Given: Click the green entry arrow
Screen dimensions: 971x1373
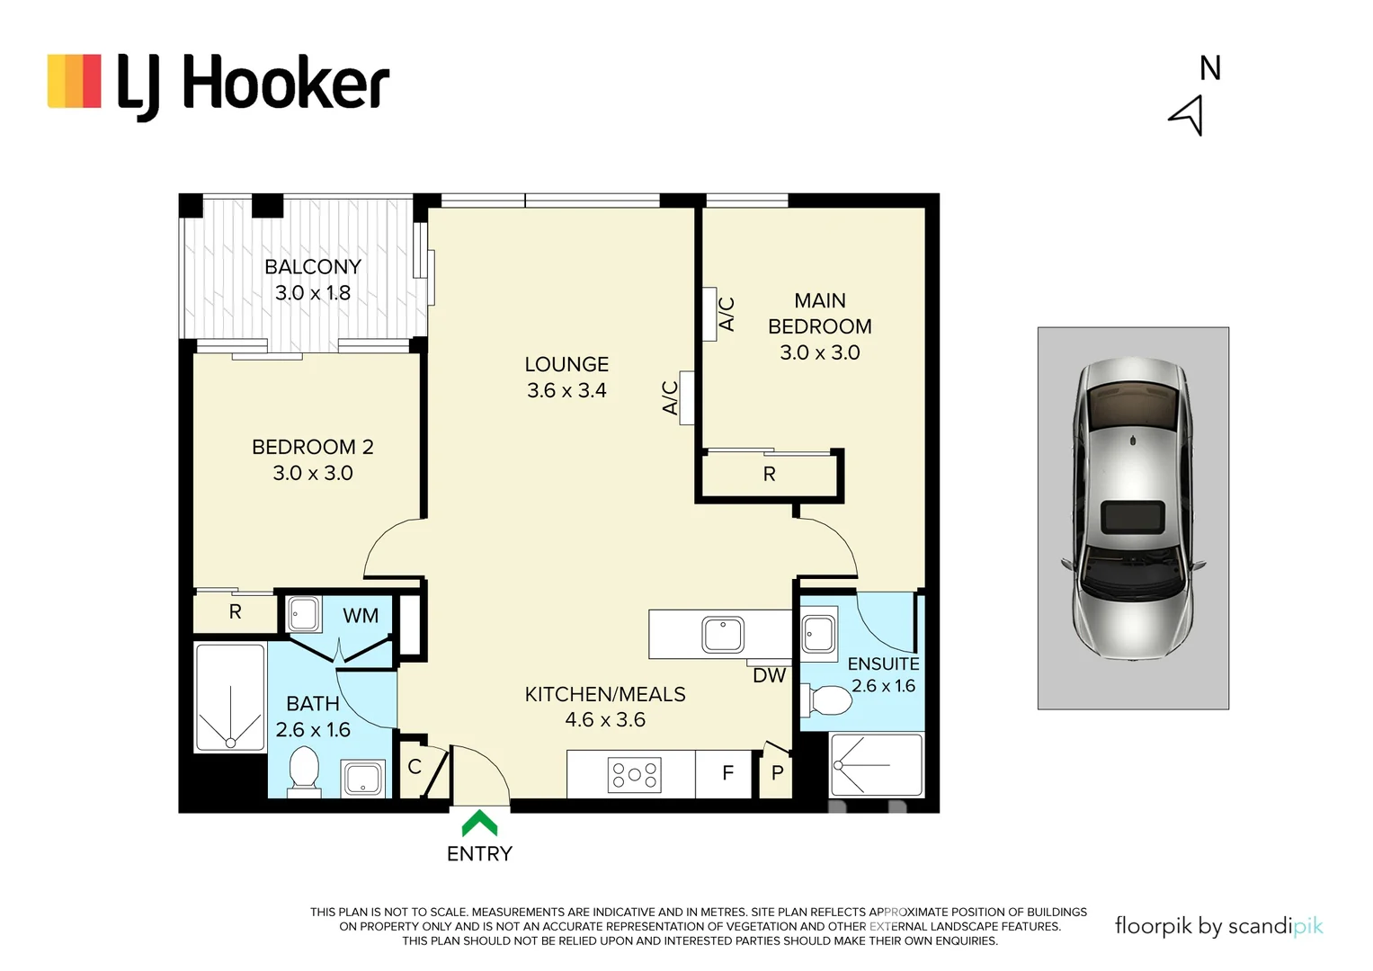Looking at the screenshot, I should [479, 823].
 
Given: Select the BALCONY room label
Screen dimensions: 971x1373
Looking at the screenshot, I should [313, 267].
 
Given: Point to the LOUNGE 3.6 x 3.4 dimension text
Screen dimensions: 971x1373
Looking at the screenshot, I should [566, 390].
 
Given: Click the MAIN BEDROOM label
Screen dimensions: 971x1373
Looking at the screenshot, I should [819, 314].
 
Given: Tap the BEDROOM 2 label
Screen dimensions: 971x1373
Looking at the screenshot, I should [312, 447].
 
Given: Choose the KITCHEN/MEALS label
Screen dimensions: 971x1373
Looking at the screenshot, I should [604, 694].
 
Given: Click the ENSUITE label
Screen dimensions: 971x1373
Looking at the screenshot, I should [883, 664].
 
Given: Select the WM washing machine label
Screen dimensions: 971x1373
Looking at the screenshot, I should [361, 616].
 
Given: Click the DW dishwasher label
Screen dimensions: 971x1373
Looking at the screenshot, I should [769, 675].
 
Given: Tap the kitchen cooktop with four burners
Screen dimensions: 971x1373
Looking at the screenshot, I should [635, 775].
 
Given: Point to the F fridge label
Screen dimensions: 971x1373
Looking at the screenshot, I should [727, 772].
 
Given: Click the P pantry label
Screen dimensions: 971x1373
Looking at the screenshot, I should [777, 772].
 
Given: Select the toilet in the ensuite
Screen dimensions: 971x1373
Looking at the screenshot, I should [829, 700].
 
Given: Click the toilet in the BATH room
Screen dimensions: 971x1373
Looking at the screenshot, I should [304, 771].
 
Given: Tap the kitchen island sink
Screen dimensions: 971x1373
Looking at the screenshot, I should [723, 635].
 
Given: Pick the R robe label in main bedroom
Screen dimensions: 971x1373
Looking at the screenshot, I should [769, 474].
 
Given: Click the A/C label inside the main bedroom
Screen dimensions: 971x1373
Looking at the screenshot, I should [727, 314].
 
